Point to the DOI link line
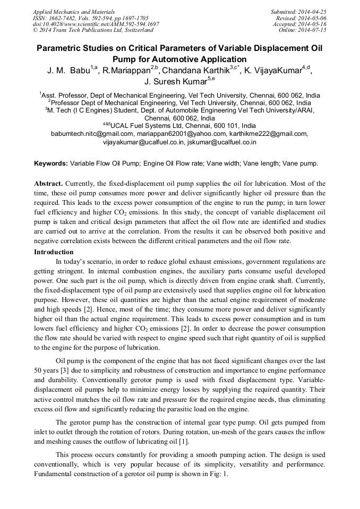tap(96, 24)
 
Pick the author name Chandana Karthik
tap(196, 71)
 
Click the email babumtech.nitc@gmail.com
tap(91, 134)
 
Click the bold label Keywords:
tap(51, 164)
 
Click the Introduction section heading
tap(54, 252)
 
